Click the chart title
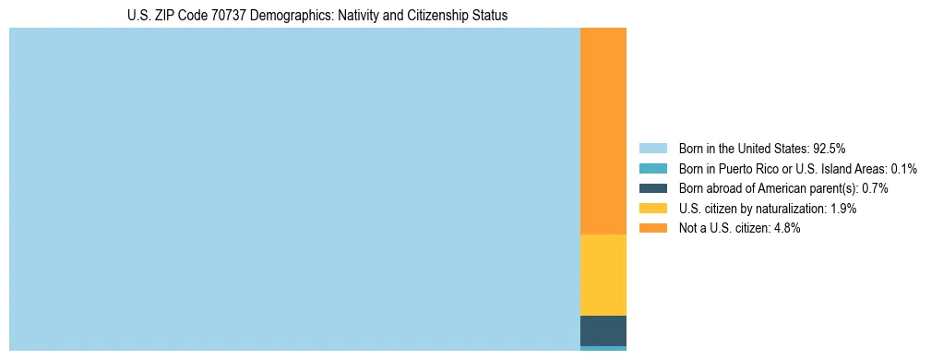tap(317, 16)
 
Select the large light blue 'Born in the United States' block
tap(294, 189)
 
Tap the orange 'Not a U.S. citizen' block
tap(603, 131)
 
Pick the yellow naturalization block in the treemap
tap(603, 275)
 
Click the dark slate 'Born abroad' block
tap(603, 330)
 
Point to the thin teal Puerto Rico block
tap(603, 348)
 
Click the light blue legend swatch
tap(652, 148)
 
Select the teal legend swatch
tap(652, 168)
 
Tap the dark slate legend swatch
tap(652, 188)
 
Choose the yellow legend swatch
tap(652, 209)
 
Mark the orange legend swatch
tap(652, 228)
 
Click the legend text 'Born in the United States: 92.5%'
tap(762, 148)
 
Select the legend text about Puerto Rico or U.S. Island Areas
tap(797, 168)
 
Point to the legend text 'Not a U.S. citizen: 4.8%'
tap(739, 228)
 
